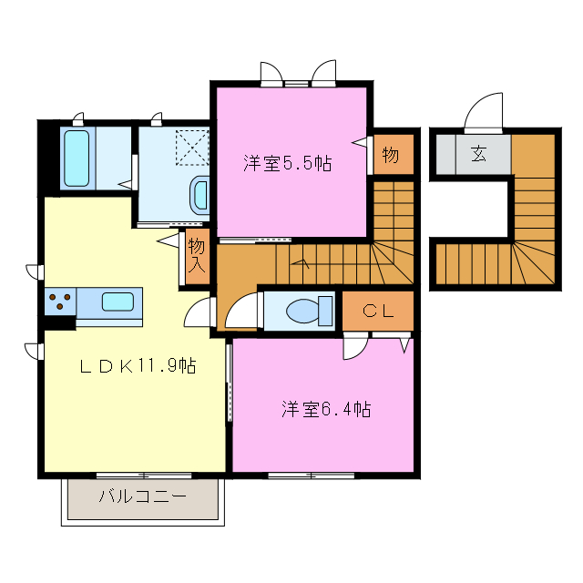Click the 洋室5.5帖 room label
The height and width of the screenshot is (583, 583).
288,162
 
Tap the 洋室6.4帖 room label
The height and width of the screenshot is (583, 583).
326,409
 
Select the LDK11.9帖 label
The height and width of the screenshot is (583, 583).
138,366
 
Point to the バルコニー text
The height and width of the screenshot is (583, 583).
142,496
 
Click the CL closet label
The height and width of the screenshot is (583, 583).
378,311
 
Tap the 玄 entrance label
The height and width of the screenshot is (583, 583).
478,154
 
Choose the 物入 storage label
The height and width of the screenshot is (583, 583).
197,256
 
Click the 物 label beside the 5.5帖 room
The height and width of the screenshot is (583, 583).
391,154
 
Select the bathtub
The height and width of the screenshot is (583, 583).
77,158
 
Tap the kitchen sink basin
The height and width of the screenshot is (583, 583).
118,302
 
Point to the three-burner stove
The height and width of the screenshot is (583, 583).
60,302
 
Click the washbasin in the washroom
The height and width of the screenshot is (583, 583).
200,196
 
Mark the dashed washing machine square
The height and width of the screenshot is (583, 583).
192,148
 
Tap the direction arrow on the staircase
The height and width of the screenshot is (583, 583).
301,263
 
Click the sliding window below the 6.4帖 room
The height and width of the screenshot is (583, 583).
312,476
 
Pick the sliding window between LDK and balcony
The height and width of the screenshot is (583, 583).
144,476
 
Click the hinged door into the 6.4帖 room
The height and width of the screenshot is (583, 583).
356,346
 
